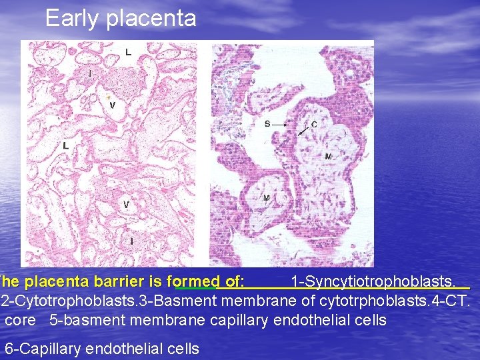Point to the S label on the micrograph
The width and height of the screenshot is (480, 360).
point(267,124)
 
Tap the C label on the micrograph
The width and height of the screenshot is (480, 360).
point(313,124)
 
